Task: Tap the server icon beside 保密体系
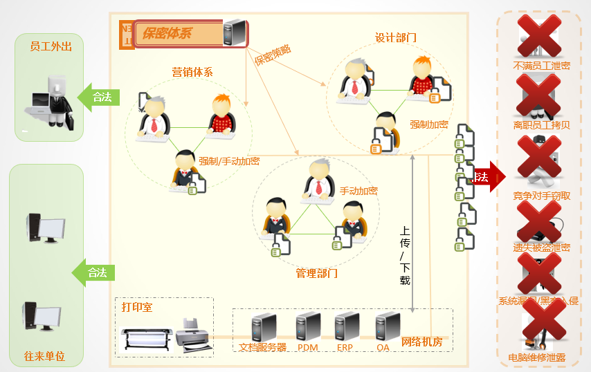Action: point(235,32)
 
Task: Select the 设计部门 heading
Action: point(395,37)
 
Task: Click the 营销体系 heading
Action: point(192,72)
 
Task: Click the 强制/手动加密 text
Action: point(229,161)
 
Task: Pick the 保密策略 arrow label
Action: point(273,55)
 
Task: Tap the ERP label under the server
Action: point(345,347)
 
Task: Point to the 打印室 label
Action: point(136,306)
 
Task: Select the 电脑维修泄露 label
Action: point(537,358)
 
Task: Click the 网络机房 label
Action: point(421,342)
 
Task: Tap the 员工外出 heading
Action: point(51,47)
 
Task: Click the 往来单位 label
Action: point(44,356)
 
